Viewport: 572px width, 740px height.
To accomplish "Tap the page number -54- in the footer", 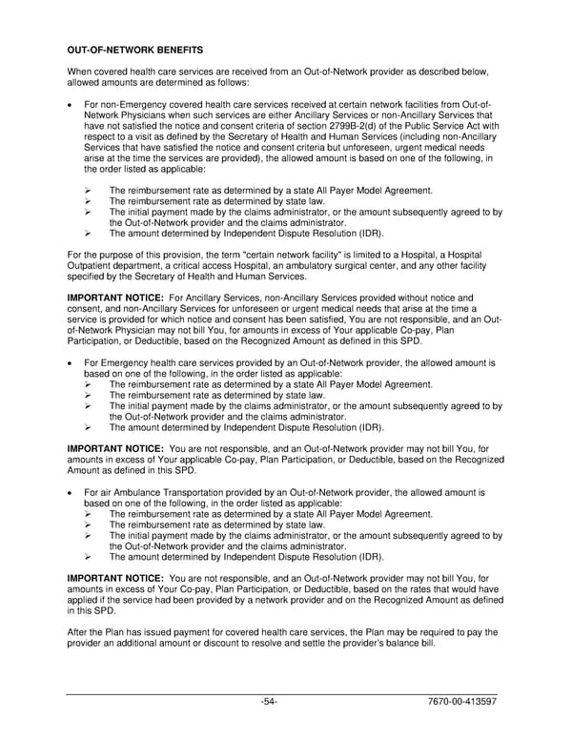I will pos(270,703).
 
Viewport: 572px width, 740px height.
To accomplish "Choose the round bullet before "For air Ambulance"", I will pos(71,493).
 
